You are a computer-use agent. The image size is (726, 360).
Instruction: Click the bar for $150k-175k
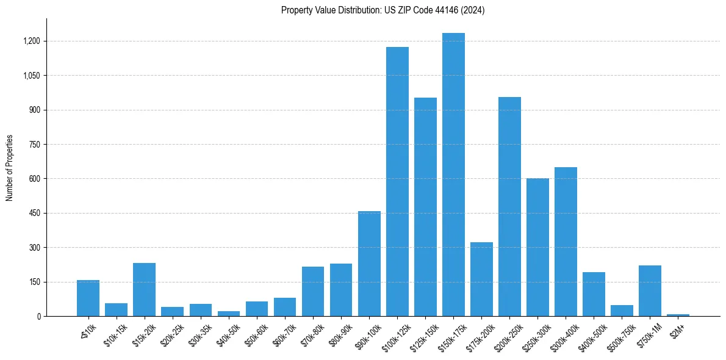pos(453,175)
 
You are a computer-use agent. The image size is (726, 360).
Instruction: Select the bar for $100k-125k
pos(397,182)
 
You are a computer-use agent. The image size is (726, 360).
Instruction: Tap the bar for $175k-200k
pos(481,279)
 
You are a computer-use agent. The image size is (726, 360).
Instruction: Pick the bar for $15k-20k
pos(144,290)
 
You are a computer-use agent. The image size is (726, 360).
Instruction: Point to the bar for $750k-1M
pos(650,291)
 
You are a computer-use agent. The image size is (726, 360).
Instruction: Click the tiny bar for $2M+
pos(678,315)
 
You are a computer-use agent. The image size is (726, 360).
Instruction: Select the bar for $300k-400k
pos(566,242)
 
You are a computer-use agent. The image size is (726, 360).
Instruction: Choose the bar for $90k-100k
pos(369,264)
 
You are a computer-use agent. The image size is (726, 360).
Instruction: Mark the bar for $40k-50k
pos(228,314)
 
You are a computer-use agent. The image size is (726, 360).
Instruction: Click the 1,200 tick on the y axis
pos(31,41)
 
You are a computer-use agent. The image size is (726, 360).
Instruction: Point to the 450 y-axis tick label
pos(34,214)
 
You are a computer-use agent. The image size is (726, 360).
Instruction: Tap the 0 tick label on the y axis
pos(38,317)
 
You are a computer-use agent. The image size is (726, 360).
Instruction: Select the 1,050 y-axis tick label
pos(31,76)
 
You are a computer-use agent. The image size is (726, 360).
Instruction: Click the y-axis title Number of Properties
pos(10,168)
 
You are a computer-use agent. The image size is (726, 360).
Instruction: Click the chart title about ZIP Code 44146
pos(383,10)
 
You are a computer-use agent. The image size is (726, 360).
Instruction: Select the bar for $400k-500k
pos(594,294)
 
